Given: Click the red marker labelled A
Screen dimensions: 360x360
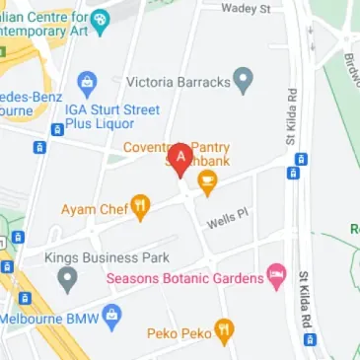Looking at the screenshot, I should (x=180, y=158).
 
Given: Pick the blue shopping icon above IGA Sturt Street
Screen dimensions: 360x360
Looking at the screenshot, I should (x=87, y=80).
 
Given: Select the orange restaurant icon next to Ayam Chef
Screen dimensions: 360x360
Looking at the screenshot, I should (x=142, y=207).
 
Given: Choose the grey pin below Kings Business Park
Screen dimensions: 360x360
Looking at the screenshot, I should (x=67, y=280).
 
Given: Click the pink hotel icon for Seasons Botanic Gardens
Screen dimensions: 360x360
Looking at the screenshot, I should (x=277, y=276).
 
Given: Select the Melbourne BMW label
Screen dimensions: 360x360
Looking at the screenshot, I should (x=48, y=320).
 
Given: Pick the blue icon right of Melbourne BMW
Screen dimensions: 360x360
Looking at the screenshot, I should (x=110, y=318).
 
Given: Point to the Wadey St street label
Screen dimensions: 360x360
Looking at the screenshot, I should (x=246, y=9).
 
